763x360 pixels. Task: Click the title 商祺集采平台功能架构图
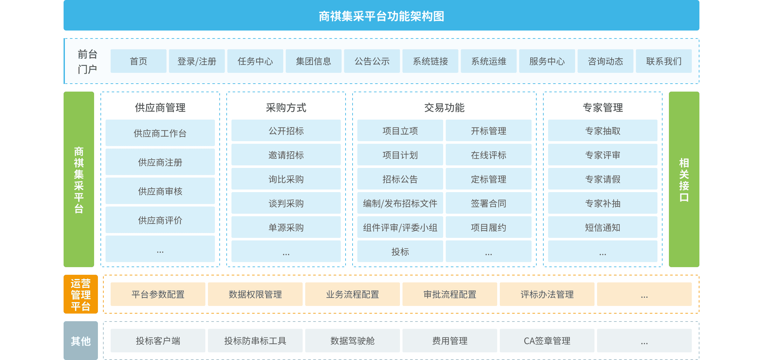pos(381,16)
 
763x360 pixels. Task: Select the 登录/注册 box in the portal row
pos(197,61)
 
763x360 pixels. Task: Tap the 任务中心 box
pos(255,61)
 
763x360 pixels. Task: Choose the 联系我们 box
pos(663,61)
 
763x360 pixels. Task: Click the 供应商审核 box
pos(160,191)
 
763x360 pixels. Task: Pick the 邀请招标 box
pos(286,155)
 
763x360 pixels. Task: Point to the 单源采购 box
pos(286,227)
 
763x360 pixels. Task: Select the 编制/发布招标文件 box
pos(400,203)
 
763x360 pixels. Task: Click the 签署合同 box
pos(488,203)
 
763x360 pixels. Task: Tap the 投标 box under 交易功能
pos(400,252)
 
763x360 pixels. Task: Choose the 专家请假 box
pos(602,179)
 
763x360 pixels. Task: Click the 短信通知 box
pos(602,227)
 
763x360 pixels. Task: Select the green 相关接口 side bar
pos(684,179)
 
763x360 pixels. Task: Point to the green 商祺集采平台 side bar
pos(79,179)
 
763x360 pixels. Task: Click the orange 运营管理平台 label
pos(80,294)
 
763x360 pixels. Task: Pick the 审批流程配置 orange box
pos(450,294)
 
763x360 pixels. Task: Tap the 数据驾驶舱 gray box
pos(352,341)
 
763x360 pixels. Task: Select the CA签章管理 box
pos(547,341)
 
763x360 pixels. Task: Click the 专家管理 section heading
pos(602,107)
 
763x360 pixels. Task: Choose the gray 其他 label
pos(80,341)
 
